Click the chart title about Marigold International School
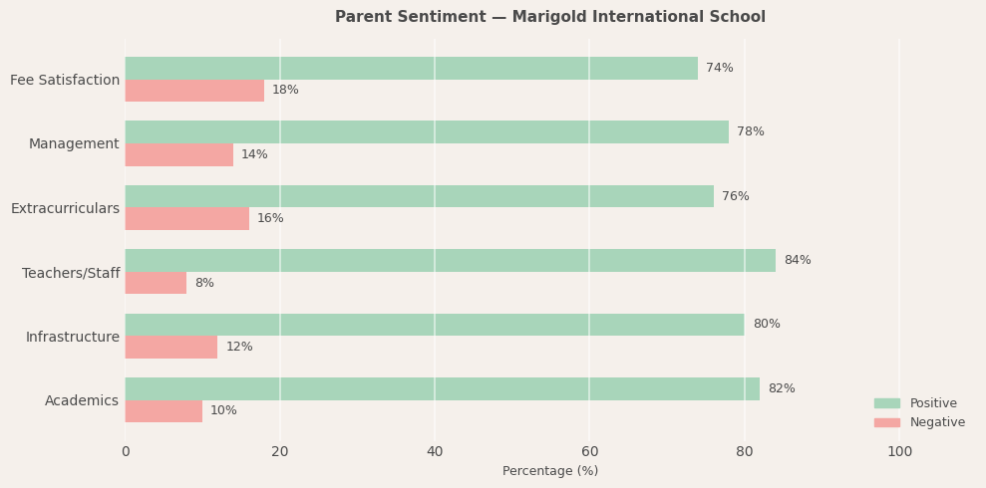[550, 17]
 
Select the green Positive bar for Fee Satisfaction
[411, 68]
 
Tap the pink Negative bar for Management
[179, 154]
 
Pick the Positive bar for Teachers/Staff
[450, 260]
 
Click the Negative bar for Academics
[164, 411]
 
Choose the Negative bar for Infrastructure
[171, 347]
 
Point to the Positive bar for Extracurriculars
[419, 196]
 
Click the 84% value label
[798, 260]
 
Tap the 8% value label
[204, 283]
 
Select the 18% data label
[285, 91]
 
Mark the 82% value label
[782, 388]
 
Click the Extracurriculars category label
[65, 208]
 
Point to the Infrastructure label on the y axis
[72, 337]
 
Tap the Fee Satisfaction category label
[65, 80]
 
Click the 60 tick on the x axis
[589, 451]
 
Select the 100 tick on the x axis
[899, 451]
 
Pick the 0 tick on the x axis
[126, 451]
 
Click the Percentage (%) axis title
[550, 471]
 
